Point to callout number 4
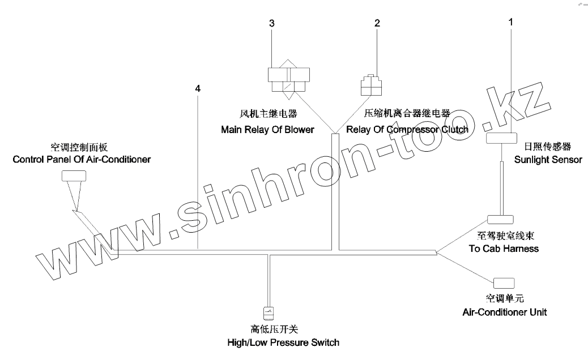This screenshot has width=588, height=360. click(198, 88)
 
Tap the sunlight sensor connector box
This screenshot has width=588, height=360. click(501, 138)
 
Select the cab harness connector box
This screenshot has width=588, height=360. click(500, 220)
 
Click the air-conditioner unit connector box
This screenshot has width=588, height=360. click(504, 282)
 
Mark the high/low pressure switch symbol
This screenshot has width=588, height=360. click(269, 311)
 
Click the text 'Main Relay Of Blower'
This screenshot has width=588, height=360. click(267, 130)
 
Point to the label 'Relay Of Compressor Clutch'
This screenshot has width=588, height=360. click(407, 130)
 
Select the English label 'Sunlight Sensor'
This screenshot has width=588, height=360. click(548, 160)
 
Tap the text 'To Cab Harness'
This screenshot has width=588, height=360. click(504, 248)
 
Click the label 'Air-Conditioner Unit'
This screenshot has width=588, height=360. click(504, 312)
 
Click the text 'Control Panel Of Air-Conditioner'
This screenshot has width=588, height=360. click(82, 159)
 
